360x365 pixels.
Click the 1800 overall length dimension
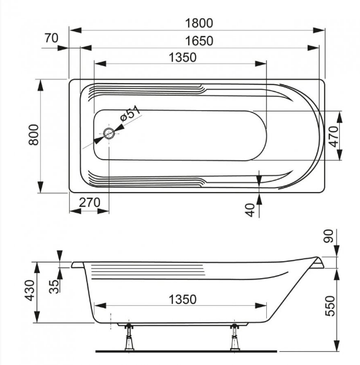coord(199,23)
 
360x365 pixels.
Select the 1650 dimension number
coord(199,41)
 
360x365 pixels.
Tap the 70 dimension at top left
coord(51,38)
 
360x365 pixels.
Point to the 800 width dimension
coord(33,135)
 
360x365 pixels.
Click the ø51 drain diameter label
coord(130,113)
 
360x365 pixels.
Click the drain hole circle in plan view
coord(109,133)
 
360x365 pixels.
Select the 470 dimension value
coord(334,137)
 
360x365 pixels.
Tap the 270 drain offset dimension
coord(89,203)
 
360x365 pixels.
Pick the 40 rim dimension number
coord(250,210)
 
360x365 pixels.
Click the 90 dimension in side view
coord(329,236)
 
